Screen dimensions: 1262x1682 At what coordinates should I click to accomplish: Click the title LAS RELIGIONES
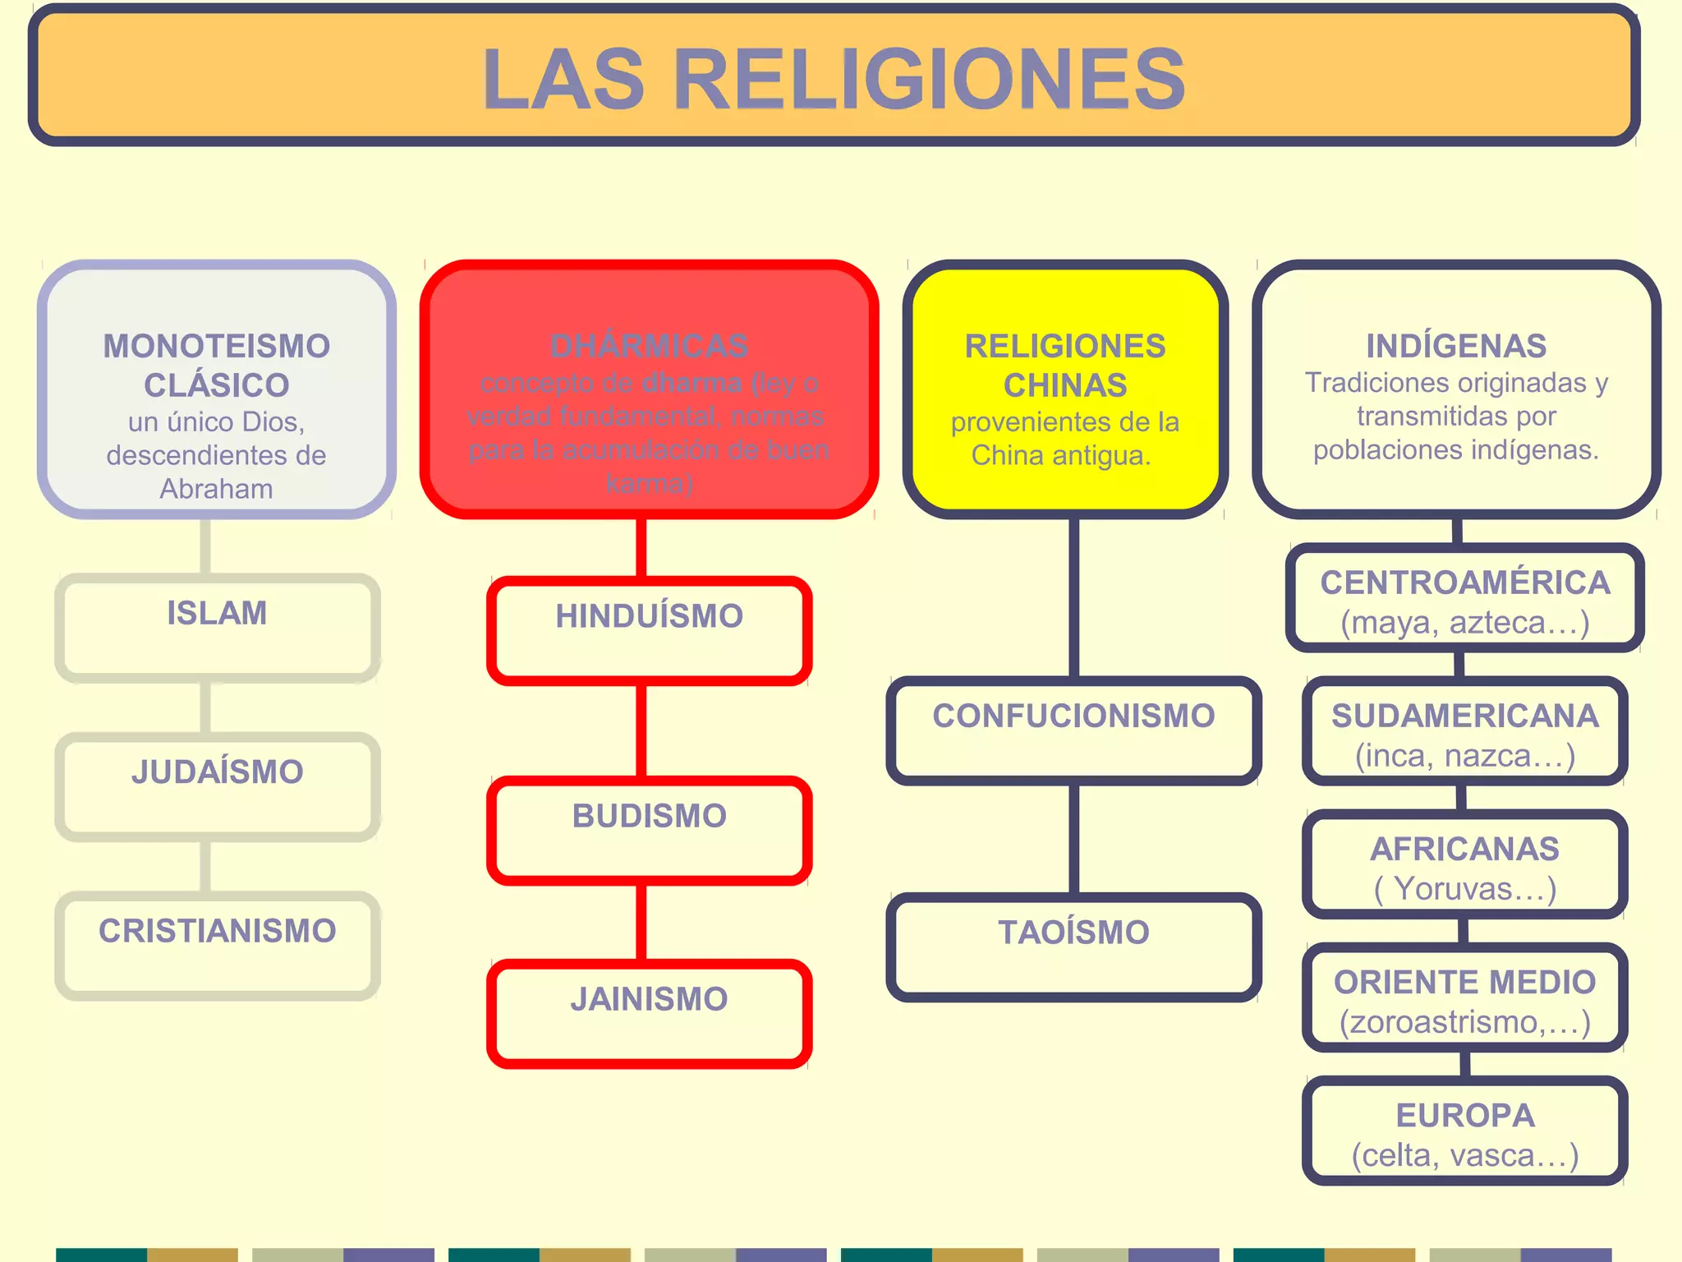coord(834,79)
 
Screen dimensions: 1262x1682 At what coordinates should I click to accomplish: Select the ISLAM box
coord(217,629)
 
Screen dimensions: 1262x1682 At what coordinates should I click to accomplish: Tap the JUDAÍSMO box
coord(217,787)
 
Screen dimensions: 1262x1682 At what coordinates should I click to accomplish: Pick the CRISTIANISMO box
coord(217,946)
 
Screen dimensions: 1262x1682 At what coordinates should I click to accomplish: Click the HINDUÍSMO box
coord(649,631)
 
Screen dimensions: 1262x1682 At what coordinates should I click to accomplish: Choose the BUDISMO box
coord(649,831)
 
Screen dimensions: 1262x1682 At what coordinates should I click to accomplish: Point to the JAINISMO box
coord(649,1014)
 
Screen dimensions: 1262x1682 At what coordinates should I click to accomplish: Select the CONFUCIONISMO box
coord(1073,730)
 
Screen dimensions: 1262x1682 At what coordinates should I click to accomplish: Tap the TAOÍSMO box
coord(1073,946)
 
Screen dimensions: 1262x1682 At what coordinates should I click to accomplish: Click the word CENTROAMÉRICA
coord(1465,583)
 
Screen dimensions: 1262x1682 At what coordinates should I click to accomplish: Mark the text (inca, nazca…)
coord(1465,756)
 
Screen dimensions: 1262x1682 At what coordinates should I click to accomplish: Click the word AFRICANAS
coord(1465,849)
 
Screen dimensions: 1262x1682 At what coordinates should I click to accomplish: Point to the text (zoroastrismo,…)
coord(1465,1022)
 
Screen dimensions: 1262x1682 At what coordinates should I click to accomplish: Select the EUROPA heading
coord(1465,1115)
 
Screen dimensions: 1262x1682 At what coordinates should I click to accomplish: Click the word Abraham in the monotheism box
coord(216,489)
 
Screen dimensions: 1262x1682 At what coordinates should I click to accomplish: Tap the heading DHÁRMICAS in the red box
coord(649,346)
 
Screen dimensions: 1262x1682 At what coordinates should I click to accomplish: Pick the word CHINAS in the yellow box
coord(1065,385)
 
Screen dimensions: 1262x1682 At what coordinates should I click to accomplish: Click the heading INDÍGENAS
coord(1456,346)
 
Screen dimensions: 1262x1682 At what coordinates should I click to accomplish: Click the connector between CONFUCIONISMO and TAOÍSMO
coord(1073,839)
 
